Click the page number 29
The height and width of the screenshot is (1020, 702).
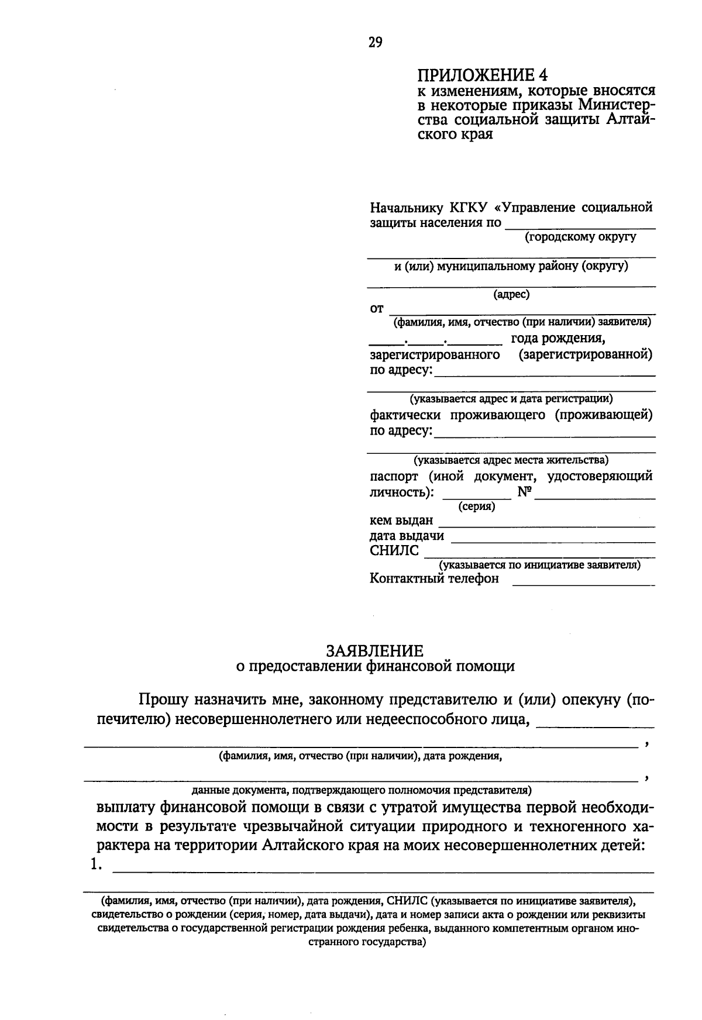click(x=375, y=42)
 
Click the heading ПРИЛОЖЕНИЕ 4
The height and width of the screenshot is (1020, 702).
click(x=483, y=75)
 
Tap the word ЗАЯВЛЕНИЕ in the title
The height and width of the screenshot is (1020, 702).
click(x=375, y=651)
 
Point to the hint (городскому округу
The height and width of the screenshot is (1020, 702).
click(x=580, y=237)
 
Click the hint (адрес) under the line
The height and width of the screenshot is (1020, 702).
click(x=511, y=295)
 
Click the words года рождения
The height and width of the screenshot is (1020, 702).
click(x=558, y=339)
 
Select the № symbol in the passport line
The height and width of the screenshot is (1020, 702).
click(x=524, y=492)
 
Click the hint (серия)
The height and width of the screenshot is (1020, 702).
click(x=476, y=506)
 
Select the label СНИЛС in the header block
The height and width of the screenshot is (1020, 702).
click(x=394, y=551)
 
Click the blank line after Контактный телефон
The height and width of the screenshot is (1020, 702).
click(x=583, y=580)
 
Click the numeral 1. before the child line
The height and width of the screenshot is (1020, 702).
click(x=97, y=866)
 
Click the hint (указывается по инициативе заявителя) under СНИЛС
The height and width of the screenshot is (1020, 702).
click(x=539, y=565)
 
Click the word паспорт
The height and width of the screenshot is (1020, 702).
click(x=394, y=477)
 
